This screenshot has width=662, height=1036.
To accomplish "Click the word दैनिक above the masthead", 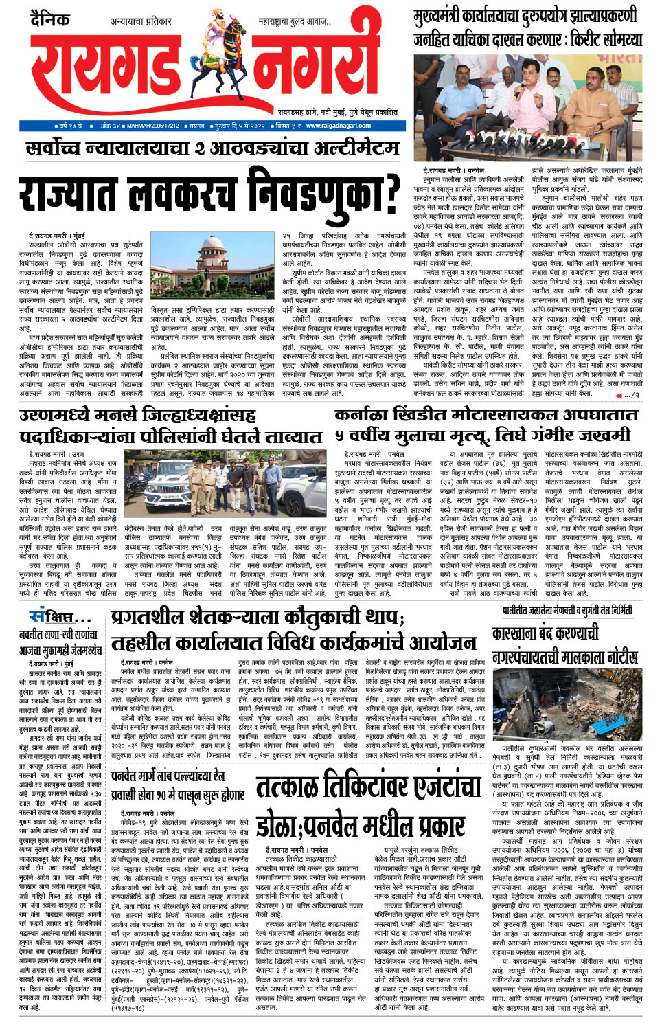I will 49,19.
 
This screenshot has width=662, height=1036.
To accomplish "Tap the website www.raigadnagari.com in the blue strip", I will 339,126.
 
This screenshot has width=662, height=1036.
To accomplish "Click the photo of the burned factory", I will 567,701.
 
